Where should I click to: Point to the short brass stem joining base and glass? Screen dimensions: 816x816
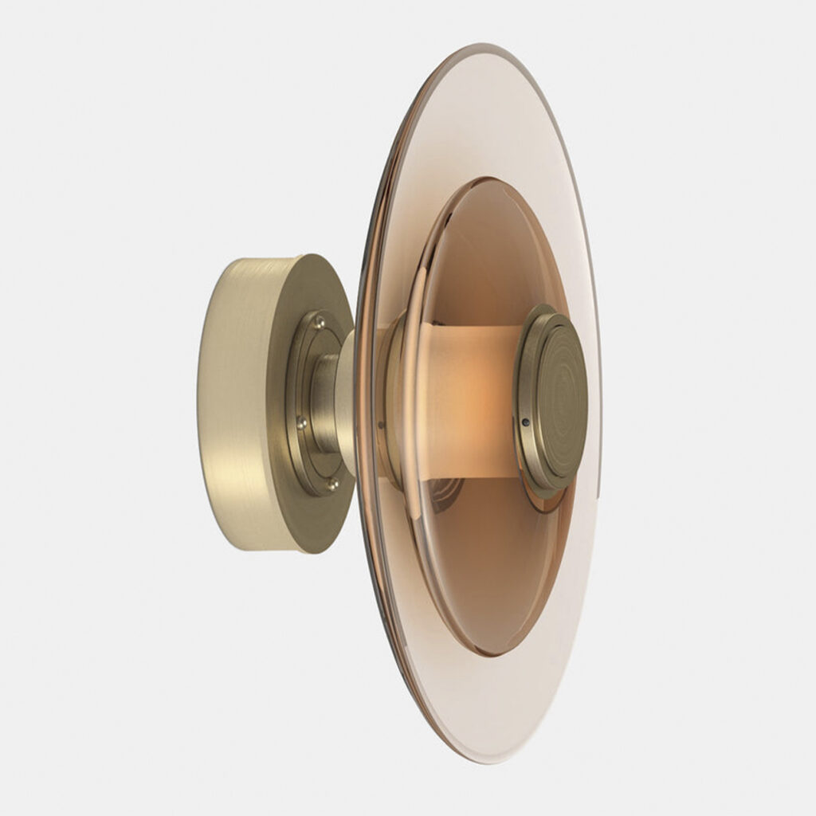point(328,402)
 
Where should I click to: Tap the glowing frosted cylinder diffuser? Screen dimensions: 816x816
point(470,398)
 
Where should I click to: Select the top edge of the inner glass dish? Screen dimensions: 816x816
point(486,179)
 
